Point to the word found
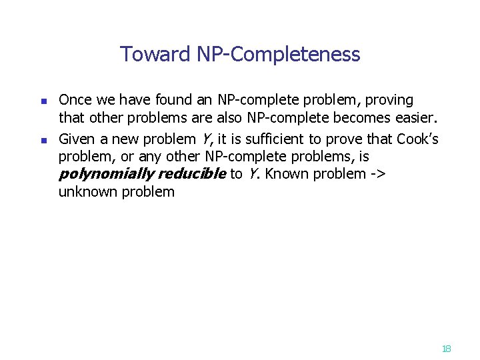click(172, 101)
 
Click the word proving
click(387, 101)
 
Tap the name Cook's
click(417, 139)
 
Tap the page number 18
click(446, 348)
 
